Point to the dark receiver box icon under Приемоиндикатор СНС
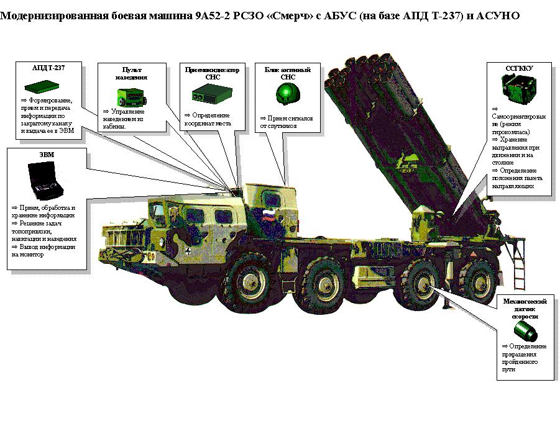click(x=208, y=95)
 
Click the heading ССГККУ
click(x=520, y=68)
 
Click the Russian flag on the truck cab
click(x=268, y=216)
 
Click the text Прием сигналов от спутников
click(x=286, y=121)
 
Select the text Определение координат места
click(x=207, y=119)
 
